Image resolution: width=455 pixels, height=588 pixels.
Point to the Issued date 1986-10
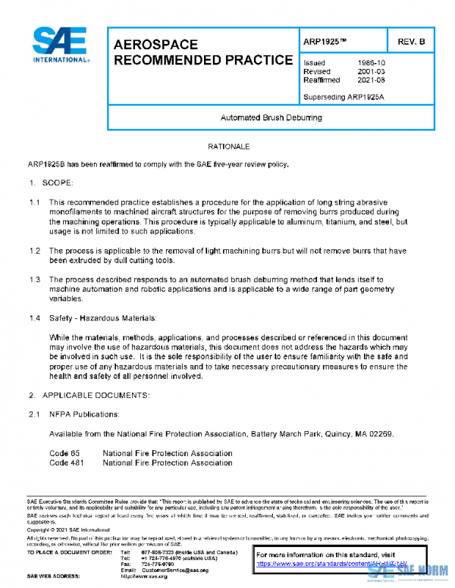369,63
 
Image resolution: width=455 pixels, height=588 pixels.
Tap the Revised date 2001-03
369,71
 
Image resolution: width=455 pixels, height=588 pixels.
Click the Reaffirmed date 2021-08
369,80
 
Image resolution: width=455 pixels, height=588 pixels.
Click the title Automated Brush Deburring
271,118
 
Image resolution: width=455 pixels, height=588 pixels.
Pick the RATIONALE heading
227,145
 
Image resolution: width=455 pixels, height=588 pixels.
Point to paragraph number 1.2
34,250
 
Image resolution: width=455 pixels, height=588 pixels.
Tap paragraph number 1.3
34,280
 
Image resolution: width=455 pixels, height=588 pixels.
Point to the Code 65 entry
64,453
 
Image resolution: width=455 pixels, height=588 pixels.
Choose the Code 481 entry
67,462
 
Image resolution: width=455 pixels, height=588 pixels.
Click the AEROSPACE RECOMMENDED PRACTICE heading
202,52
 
